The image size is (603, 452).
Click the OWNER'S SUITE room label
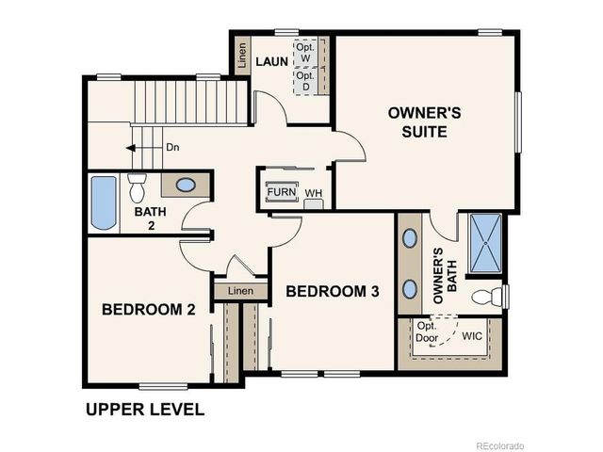424,121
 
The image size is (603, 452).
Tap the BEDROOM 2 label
149,309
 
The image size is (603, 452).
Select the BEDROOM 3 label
333,292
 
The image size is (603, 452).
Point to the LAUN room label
271,62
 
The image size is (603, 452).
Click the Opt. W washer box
305,52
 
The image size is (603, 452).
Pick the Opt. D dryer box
305,81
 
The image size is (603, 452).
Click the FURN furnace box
281,192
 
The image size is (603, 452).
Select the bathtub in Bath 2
103,202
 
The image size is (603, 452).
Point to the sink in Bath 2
187,184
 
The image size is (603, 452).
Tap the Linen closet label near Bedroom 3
241,291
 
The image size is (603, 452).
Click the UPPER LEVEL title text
144,410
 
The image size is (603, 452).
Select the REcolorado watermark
499,444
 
